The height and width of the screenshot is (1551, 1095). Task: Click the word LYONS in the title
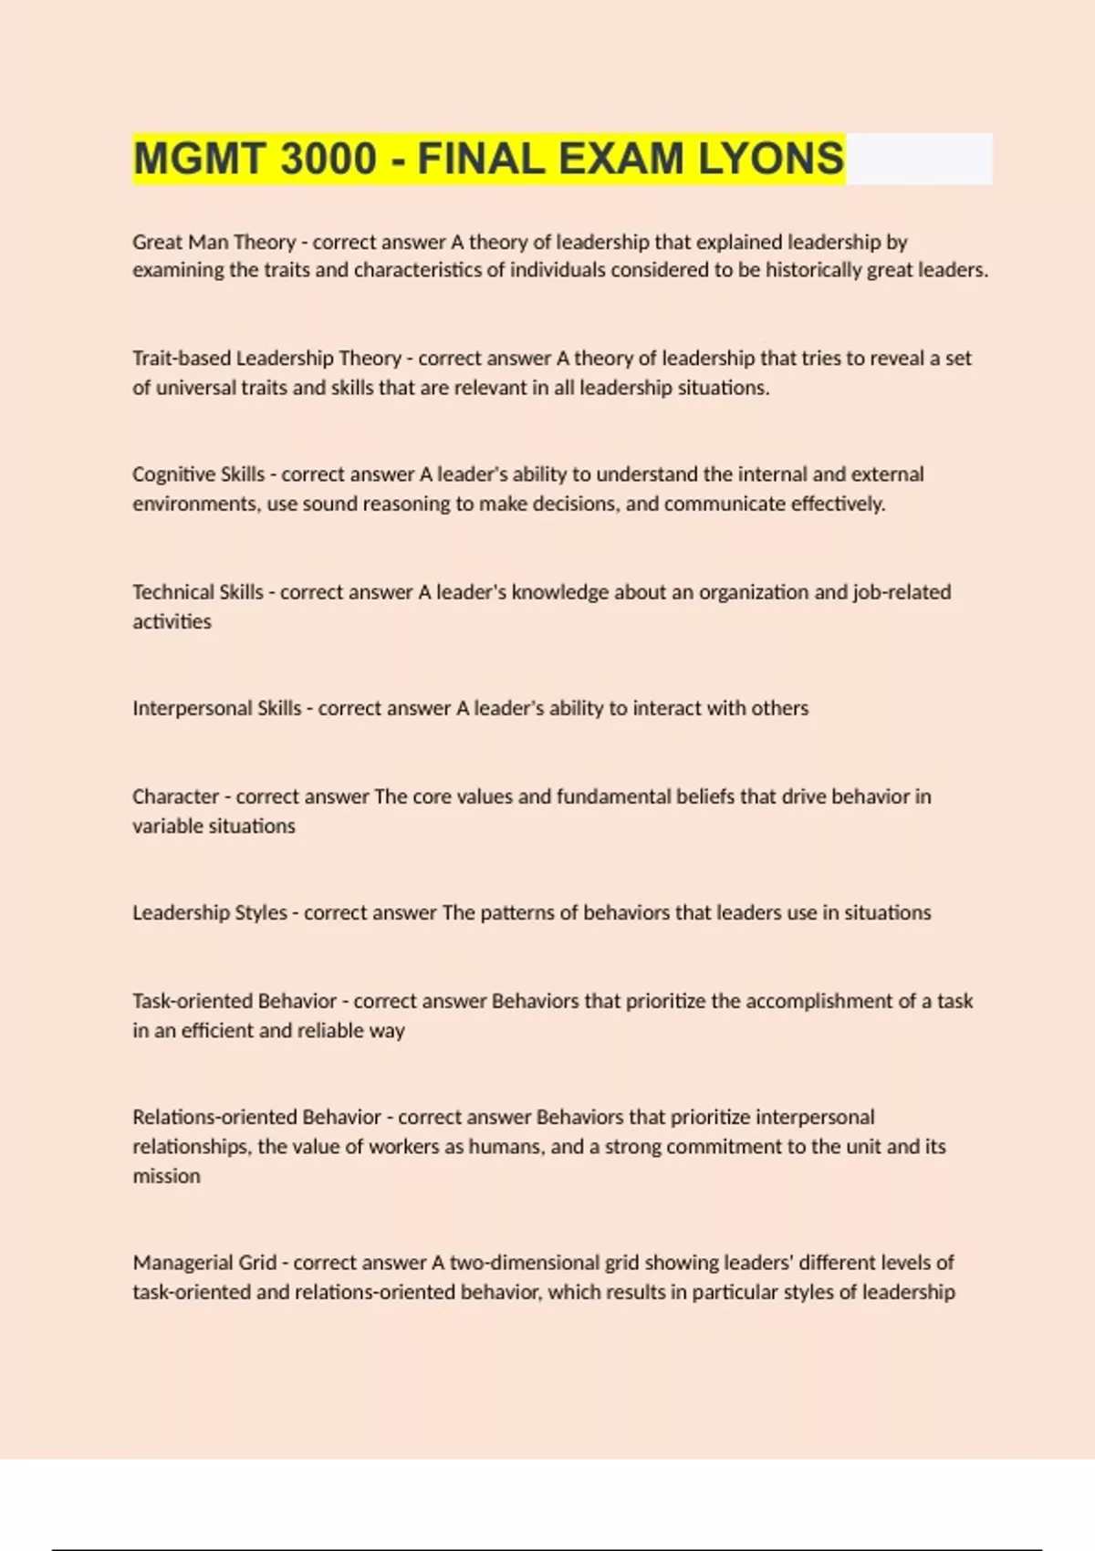[771, 159]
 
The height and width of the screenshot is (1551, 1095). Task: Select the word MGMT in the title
[192, 159]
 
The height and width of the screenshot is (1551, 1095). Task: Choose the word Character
[175, 796]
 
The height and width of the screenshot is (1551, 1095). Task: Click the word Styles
[261, 912]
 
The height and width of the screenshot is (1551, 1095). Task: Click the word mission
[166, 1176]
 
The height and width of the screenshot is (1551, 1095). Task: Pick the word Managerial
[182, 1263]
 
